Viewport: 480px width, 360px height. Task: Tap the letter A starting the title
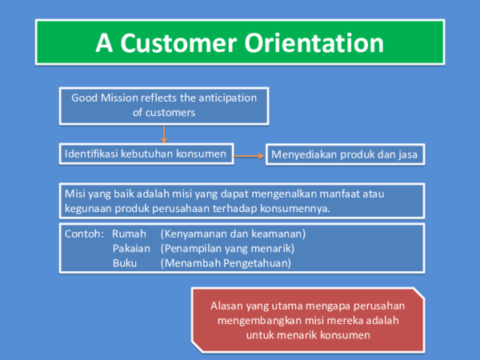103,42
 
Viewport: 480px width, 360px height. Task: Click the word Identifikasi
92,153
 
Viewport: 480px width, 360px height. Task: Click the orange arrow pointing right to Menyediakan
250,154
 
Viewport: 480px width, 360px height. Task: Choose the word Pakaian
130,248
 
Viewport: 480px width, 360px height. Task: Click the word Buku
124,262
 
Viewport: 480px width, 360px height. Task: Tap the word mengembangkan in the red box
260,320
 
